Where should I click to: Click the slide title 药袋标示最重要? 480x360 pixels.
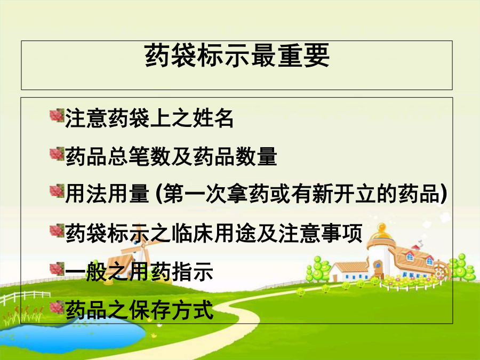pos(237,55)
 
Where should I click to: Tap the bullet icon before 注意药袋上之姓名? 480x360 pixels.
pos(57,116)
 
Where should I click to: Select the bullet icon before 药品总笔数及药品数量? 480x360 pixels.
pos(57,154)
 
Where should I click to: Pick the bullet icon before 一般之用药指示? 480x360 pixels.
pos(57,269)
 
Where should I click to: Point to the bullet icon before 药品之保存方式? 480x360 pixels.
pos(57,307)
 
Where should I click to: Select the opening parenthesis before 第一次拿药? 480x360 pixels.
pos(159,194)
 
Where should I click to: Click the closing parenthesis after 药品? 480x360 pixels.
pos(444,194)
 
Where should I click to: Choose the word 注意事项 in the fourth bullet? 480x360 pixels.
pos(320,233)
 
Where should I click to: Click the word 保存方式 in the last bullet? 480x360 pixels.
pos(171,310)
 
